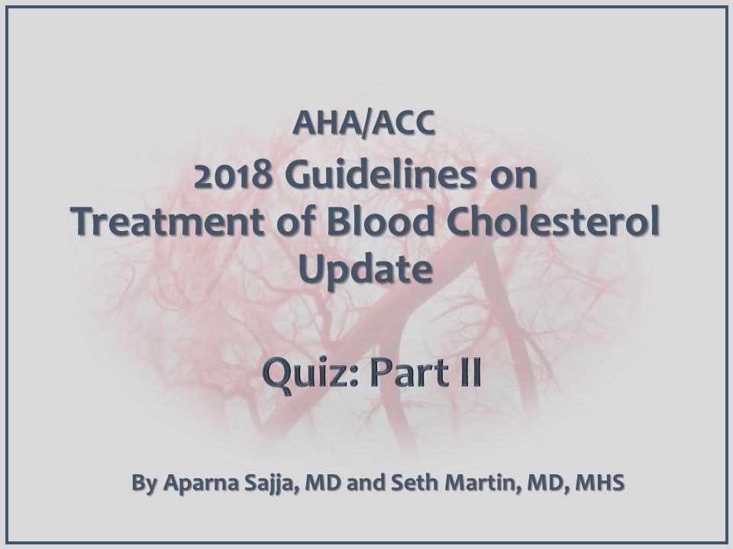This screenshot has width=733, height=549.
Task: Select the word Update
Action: pyautogui.click(x=366, y=268)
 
